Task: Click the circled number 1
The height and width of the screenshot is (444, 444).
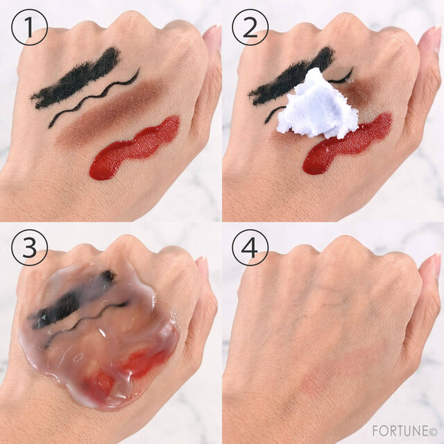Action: [x=29, y=27]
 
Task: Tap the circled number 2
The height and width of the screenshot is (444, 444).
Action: [x=250, y=27]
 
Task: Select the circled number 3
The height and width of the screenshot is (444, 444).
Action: [x=29, y=248]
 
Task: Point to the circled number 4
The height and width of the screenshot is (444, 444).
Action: [x=250, y=248]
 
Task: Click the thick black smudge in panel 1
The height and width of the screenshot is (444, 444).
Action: [x=76, y=79]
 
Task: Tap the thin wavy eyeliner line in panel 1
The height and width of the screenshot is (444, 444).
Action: [x=94, y=98]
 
